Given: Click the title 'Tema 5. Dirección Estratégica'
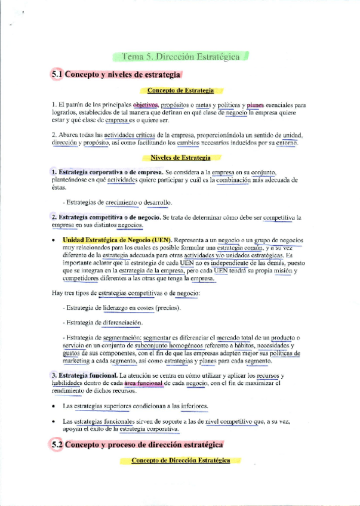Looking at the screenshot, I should point(180,57).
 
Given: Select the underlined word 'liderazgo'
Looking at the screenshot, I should point(119,308).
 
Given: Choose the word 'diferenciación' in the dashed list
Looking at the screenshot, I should point(122,323).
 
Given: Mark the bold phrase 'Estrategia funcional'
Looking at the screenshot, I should point(87,375).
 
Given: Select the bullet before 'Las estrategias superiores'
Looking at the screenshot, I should point(54,406).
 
